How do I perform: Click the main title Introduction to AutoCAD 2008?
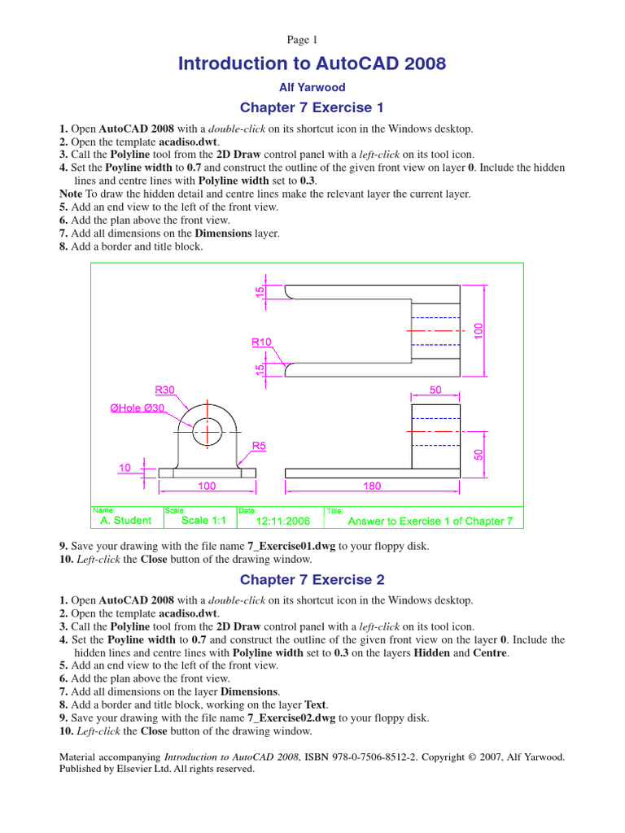coord(312,63)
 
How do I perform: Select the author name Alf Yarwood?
coord(312,87)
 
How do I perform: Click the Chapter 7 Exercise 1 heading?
coord(312,108)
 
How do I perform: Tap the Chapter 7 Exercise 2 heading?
coord(312,580)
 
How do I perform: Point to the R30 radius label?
coord(165,390)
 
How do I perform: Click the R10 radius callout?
coord(261,342)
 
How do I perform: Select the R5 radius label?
coord(259,446)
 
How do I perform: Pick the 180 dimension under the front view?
coord(371,486)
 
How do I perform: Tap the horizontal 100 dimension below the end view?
coord(207,486)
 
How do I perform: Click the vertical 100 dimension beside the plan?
coord(479,330)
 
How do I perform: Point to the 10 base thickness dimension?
coord(125,468)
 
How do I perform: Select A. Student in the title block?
coord(125,520)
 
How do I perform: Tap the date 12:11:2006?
coord(283,521)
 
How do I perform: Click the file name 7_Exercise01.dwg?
coord(291,547)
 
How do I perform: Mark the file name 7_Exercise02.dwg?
coord(291,718)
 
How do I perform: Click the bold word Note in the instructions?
coord(72,194)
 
